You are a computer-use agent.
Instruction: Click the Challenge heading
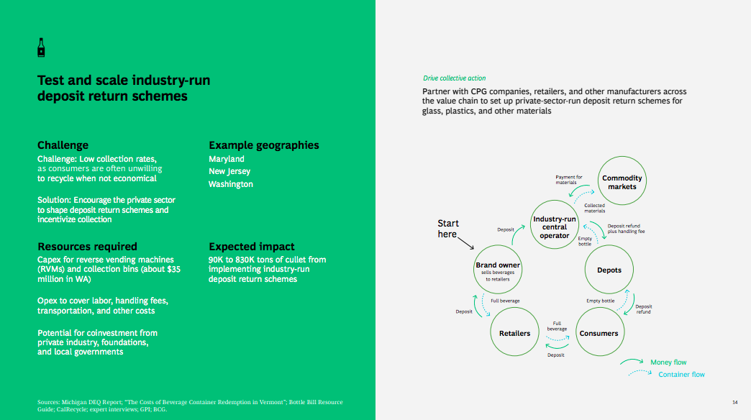tap(63, 145)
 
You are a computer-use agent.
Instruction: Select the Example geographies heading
tap(263, 145)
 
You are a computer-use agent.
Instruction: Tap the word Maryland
tap(227, 159)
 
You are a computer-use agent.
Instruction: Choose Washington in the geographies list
tap(231, 184)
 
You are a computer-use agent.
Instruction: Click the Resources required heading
tap(87, 247)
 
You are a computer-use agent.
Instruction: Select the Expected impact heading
tap(251, 247)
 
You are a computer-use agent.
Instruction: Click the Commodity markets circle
tap(622, 182)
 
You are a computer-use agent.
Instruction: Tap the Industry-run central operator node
tap(555, 227)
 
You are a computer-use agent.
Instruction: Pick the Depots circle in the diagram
tap(609, 270)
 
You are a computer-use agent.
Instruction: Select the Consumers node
tap(598, 333)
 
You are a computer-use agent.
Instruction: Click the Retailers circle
tap(514, 333)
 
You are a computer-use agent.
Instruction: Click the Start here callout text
tap(448, 229)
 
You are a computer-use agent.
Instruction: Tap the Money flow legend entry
tap(668, 362)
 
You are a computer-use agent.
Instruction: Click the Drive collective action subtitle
tap(454, 78)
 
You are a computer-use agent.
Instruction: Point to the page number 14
tap(734, 401)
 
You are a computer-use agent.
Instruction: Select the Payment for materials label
tap(569, 180)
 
